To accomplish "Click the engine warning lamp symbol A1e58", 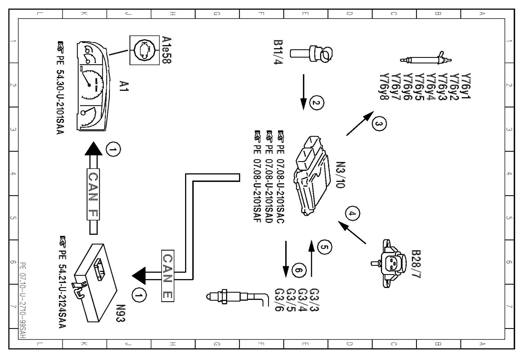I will pos(144,50).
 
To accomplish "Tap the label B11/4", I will pos(278,52).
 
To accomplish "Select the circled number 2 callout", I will pos(316,103).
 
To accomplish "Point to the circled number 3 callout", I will pos(379,123).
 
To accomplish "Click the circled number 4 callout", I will pos(352,213).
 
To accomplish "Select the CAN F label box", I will pos(93,194).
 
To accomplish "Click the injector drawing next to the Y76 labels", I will pos(426,59).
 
